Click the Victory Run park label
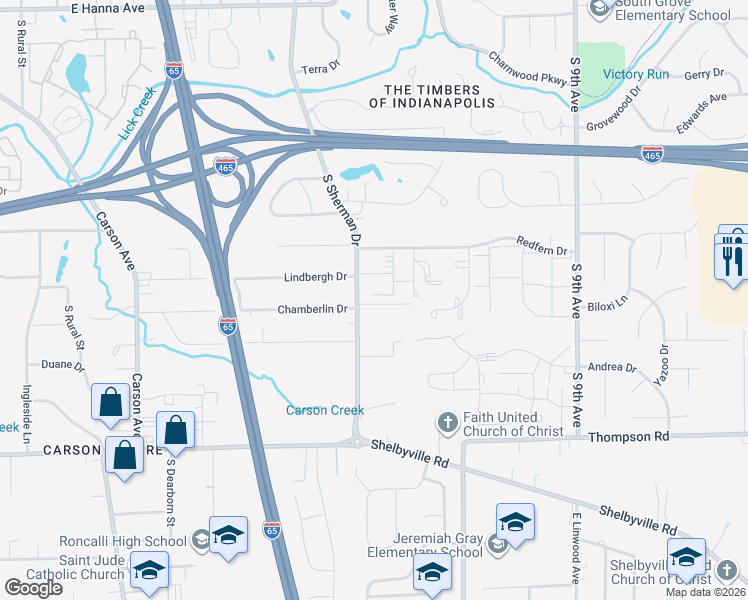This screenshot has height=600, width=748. click(x=635, y=74)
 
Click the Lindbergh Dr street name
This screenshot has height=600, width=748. click(x=314, y=277)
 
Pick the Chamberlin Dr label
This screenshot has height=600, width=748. click(x=312, y=309)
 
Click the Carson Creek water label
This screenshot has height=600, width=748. click(x=325, y=410)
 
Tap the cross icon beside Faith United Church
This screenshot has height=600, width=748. click(x=447, y=423)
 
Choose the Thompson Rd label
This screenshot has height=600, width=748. click(x=628, y=437)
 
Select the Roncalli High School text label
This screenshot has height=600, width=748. click(x=123, y=542)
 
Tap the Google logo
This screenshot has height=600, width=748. click(x=33, y=587)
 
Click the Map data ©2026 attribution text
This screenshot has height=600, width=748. click(x=706, y=592)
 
